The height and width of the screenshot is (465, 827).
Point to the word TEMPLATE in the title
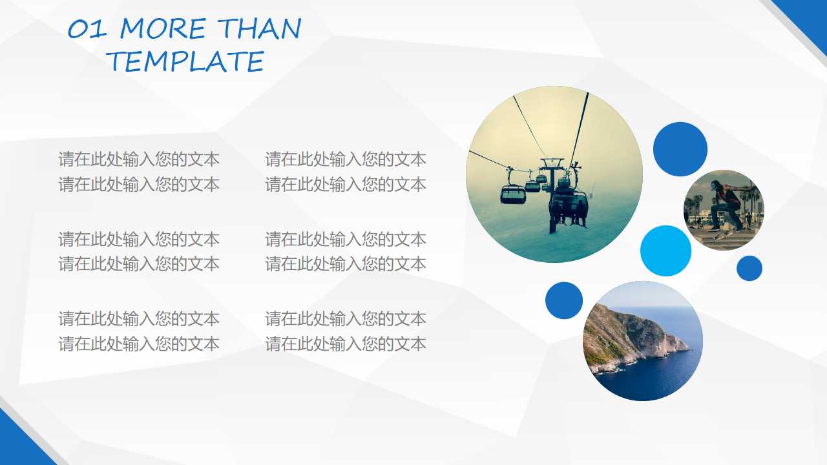click(185, 62)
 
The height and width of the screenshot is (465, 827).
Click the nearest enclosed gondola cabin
click(512, 193)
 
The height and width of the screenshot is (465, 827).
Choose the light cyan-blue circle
click(665, 251)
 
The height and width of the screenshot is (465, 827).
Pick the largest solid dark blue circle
click(680, 149)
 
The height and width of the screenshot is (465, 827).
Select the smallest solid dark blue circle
click(749, 268)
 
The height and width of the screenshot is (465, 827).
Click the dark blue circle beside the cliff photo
click(564, 300)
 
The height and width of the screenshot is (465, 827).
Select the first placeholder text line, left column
click(139, 159)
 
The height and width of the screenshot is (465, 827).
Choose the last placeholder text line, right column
click(346, 344)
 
